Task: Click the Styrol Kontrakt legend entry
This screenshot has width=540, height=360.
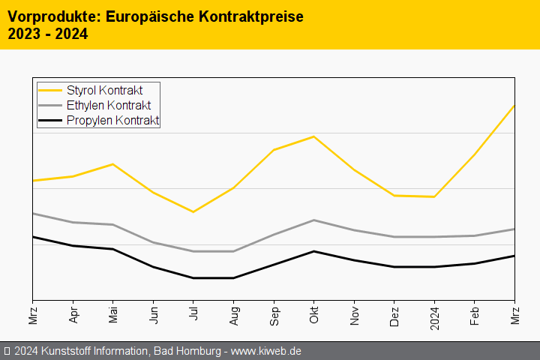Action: [x=104, y=91]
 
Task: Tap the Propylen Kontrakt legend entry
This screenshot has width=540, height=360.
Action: [x=112, y=121]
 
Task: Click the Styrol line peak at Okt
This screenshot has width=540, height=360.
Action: [x=313, y=136]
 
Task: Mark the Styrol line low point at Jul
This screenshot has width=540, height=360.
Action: [x=193, y=212]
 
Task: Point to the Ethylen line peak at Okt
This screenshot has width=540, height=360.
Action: [x=313, y=220]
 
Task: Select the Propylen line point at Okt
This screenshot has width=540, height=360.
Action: [x=313, y=251]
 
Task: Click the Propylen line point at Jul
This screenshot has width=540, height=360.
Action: [x=193, y=278]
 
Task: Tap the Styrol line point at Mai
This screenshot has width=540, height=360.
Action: [x=112, y=164]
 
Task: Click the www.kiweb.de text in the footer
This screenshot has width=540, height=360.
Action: [x=265, y=351]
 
